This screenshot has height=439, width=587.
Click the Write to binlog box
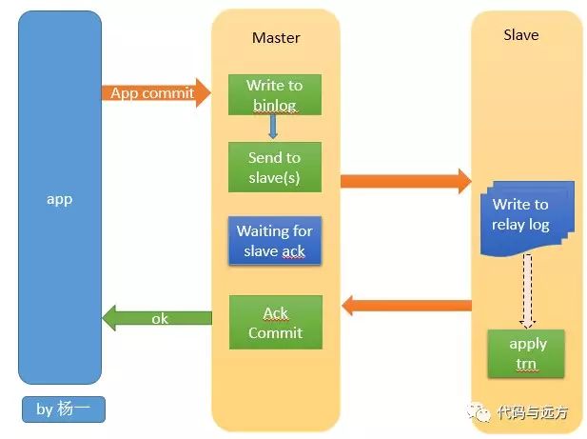click(x=275, y=94)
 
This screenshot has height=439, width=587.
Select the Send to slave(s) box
click(x=275, y=167)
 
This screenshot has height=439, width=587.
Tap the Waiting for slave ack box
click(x=275, y=241)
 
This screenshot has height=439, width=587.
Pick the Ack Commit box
click(x=276, y=322)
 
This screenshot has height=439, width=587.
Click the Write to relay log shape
click(x=527, y=218)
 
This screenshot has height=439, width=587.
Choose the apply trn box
click(x=526, y=353)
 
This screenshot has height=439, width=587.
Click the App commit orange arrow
click(x=156, y=93)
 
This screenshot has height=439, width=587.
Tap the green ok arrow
click(x=157, y=318)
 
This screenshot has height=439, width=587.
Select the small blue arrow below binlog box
click(x=273, y=127)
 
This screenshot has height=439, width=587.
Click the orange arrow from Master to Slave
click(x=406, y=181)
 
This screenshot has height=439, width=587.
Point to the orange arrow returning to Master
click(x=406, y=306)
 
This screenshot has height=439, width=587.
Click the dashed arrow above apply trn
click(x=527, y=291)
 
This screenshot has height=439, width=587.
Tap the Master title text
click(x=276, y=38)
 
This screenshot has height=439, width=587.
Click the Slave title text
click(x=521, y=35)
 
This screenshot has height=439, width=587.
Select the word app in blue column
click(x=60, y=199)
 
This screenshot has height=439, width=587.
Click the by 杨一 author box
click(x=64, y=409)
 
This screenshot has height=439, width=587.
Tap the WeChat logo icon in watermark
click(x=479, y=412)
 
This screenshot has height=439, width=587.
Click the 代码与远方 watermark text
click(x=533, y=412)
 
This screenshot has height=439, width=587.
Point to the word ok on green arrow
click(x=160, y=319)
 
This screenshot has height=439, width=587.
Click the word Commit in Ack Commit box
click(x=276, y=332)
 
